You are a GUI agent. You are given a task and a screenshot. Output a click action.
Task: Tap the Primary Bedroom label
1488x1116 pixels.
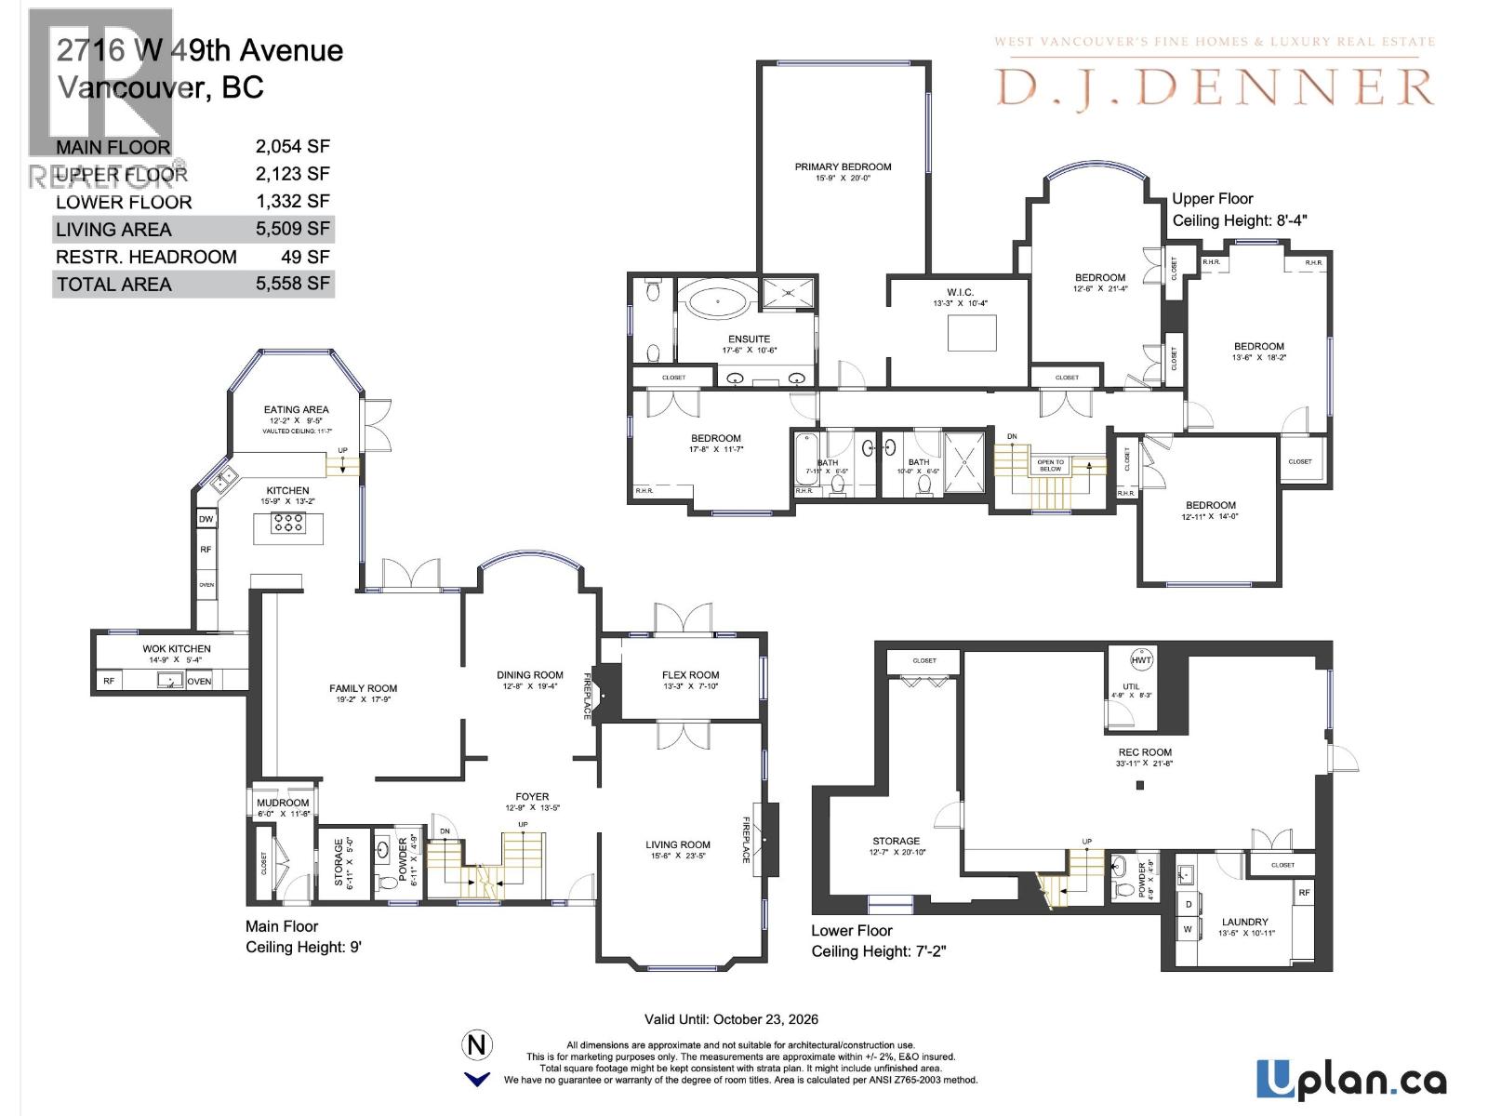click(x=843, y=167)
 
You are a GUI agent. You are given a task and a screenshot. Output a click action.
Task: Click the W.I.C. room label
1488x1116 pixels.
click(x=959, y=293)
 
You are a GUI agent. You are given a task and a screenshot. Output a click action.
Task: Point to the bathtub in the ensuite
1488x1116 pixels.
click(x=718, y=302)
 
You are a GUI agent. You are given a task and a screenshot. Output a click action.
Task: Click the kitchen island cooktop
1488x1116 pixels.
click(x=288, y=524)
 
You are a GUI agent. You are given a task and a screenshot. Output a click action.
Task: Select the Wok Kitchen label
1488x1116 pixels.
click(x=177, y=649)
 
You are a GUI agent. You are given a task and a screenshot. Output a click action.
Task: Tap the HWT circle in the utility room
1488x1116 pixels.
click(x=1141, y=660)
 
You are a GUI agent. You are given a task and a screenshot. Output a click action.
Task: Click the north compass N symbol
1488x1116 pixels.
click(x=477, y=1045)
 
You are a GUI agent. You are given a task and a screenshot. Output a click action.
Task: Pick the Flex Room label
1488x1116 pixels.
click(x=690, y=675)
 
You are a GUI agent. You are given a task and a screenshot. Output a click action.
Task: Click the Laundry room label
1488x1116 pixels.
click(x=1244, y=923)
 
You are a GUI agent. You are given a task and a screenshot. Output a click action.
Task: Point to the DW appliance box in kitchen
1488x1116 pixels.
click(x=206, y=519)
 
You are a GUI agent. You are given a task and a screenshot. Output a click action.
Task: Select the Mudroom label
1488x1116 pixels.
click(x=283, y=803)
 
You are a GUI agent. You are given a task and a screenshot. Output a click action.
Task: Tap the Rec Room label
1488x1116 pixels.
click(x=1145, y=752)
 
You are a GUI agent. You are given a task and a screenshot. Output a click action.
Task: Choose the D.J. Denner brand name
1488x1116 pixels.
click(x=1215, y=87)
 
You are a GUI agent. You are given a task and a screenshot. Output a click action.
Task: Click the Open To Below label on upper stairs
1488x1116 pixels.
click(x=1050, y=466)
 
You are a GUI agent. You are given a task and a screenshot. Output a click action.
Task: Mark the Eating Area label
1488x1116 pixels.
click(x=296, y=409)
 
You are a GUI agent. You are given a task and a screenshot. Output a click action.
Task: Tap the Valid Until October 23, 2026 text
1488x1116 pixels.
click(x=731, y=1019)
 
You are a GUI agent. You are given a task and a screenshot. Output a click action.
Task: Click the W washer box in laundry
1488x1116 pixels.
click(x=1188, y=928)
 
